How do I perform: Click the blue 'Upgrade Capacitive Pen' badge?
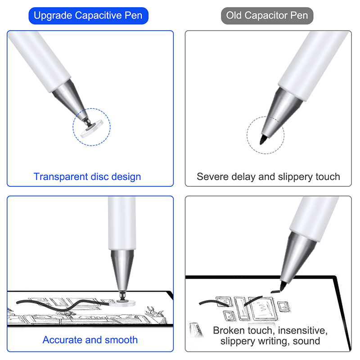88,16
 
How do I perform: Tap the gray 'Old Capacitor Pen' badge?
267,16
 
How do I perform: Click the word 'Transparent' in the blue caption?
61,177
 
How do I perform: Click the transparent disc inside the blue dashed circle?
92,129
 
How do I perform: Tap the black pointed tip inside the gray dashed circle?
263,139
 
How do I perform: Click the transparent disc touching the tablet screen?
122,303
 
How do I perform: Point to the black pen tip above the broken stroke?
283,286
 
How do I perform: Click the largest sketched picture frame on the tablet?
263,308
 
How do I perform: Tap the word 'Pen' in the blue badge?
133,16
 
